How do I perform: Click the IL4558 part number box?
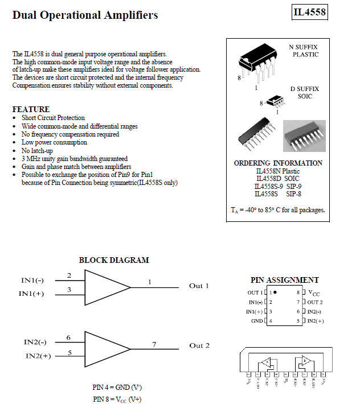[x=310, y=12]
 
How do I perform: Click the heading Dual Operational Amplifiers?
[x=85, y=15]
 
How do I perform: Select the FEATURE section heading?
[x=31, y=109]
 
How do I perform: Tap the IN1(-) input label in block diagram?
[x=32, y=280]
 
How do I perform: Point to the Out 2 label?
[x=199, y=345]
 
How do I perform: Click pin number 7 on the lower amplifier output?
[x=154, y=344]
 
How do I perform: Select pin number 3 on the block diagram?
[x=69, y=290]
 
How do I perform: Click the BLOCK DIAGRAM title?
[x=114, y=260]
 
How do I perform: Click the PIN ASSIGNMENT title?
[x=285, y=280]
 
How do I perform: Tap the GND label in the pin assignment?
[x=256, y=321]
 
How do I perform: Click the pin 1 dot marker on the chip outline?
[x=275, y=292]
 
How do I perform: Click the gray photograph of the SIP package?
[x=304, y=135]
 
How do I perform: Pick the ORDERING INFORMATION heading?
[x=278, y=163]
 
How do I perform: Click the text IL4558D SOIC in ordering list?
[x=278, y=179]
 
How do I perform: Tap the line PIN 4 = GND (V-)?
[x=117, y=387]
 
